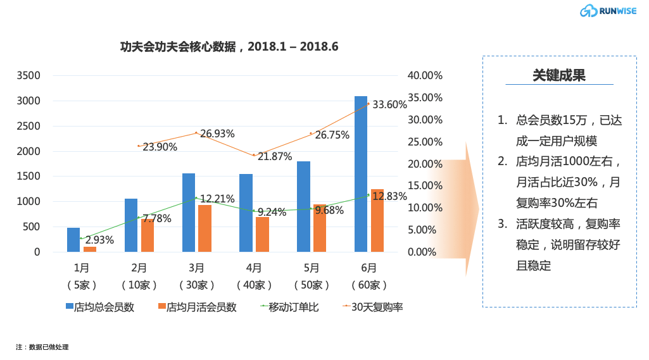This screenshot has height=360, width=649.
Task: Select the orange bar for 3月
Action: click(x=205, y=228)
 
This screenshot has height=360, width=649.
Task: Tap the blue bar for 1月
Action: click(x=73, y=240)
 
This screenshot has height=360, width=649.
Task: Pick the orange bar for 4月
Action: click(x=262, y=235)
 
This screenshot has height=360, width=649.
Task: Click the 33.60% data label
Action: click(x=389, y=104)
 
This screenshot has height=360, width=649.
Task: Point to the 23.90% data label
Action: click(x=160, y=147)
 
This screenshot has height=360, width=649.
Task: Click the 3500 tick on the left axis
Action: click(x=28, y=75)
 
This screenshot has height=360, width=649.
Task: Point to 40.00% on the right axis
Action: click(x=425, y=75)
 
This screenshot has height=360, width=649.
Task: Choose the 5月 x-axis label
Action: click(x=311, y=268)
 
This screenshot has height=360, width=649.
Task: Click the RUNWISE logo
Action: click(x=608, y=10)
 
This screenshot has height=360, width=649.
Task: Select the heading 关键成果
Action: click(x=559, y=75)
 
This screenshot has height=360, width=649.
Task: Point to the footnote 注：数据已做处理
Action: click(x=42, y=347)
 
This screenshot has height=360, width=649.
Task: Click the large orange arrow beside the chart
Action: click(x=465, y=209)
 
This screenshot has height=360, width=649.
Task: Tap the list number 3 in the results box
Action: click(x=501, y=223)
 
